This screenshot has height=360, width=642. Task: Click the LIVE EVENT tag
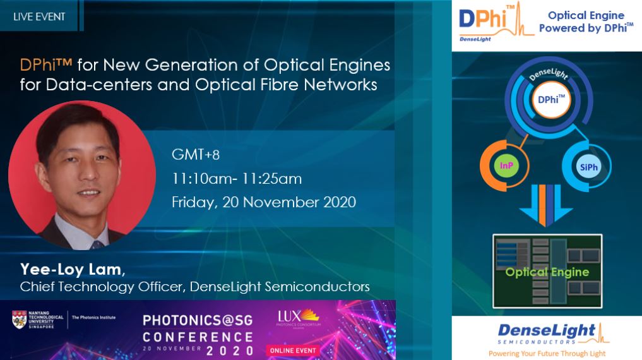39,16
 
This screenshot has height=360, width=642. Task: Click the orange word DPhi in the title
41,64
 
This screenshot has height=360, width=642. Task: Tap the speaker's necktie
97,245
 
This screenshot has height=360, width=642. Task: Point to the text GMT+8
196,154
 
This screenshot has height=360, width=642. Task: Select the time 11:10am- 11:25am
237,179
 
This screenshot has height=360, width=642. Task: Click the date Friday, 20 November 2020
264,202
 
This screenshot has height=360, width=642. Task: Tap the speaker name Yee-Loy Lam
71,269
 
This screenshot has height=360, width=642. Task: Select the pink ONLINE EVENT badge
293,351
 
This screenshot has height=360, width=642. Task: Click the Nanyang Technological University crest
19,320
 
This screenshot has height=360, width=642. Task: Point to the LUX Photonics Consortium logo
299,319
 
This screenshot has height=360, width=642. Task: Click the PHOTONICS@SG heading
198,320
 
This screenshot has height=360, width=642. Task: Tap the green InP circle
506,165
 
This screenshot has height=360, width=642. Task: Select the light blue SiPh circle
589,167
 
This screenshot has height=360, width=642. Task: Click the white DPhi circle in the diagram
551,100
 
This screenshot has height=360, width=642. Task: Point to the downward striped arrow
546,205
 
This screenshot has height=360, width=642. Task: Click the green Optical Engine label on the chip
547,272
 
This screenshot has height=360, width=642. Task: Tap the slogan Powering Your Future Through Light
547,354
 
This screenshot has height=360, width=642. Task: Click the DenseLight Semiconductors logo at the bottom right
553,333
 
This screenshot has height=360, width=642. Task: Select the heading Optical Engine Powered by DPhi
586,21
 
